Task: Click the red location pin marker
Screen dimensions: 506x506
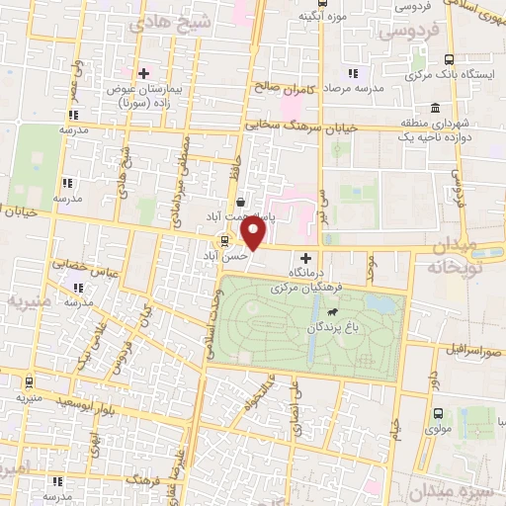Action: point(253,233)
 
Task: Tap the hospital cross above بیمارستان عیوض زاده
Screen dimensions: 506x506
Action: point(144,73)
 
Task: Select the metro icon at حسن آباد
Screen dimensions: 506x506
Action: point(224,239)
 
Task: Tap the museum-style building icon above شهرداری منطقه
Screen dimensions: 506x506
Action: point(434,109)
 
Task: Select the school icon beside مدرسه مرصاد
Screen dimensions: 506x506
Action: point(352,73)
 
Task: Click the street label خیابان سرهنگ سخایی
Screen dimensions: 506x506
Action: point(305,126)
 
